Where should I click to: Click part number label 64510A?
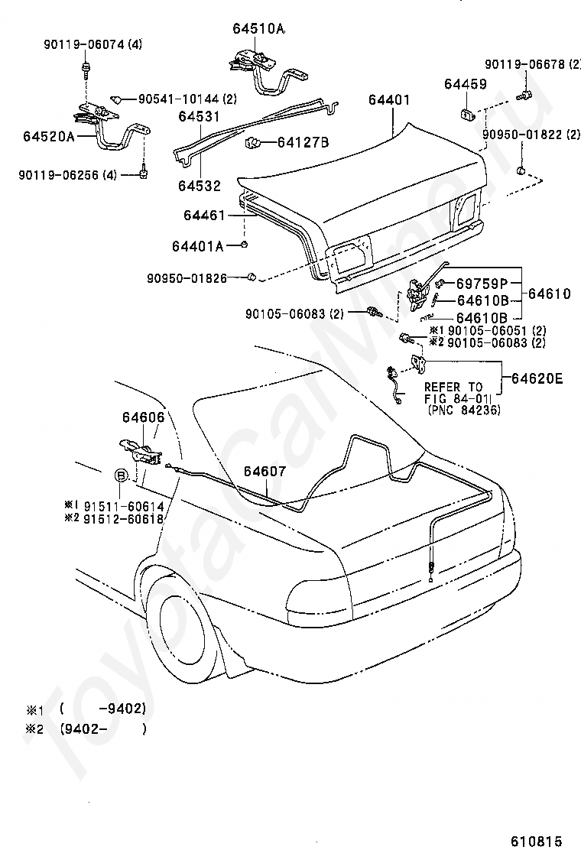click(258, 28)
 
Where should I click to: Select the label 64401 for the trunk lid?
click(389, 99)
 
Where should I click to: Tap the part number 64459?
click(466, 84)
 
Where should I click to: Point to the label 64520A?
click(49, 135)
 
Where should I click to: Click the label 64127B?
click(303, 143)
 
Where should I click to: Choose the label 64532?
click(200, 186)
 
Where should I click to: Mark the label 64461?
click(204, 216)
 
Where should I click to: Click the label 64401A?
click(198, 246)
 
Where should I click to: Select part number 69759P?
click(482, 283)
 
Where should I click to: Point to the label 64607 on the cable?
click(265, 471)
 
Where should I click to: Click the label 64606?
click(143, 417)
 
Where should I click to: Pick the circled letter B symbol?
click(121, 476)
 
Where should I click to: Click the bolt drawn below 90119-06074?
click(86, 68)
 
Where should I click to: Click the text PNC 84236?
click(464, 410)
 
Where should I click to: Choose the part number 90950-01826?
click(187, 279)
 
